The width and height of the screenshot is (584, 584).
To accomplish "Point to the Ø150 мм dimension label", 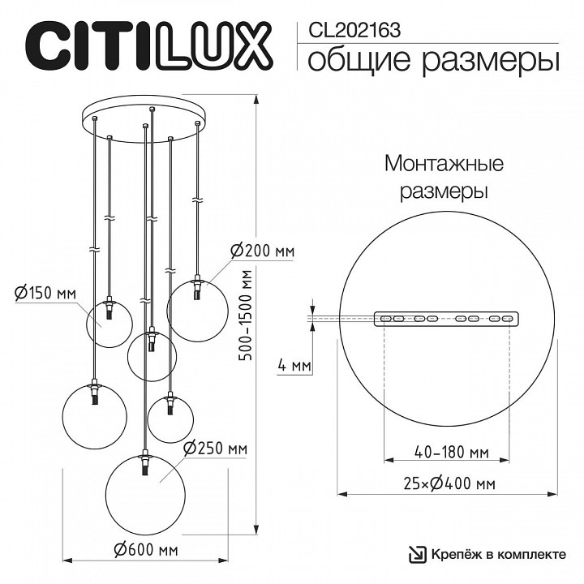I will coord(45,292).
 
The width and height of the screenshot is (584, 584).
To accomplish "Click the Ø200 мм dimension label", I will coord(262,251).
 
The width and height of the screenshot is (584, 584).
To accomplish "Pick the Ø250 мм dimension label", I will coord(216,449).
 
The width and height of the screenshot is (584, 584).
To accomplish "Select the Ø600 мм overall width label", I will coord(146,550).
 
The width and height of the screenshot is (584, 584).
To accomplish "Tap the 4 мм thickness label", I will coord(294,366).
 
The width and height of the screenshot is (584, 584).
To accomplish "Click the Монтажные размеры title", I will coord(444,178).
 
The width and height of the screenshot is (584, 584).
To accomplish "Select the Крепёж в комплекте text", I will coord(498,555).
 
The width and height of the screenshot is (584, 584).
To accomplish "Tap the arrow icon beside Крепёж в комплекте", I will coord(415,555).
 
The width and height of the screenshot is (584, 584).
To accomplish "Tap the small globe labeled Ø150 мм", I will coord(109,322).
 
